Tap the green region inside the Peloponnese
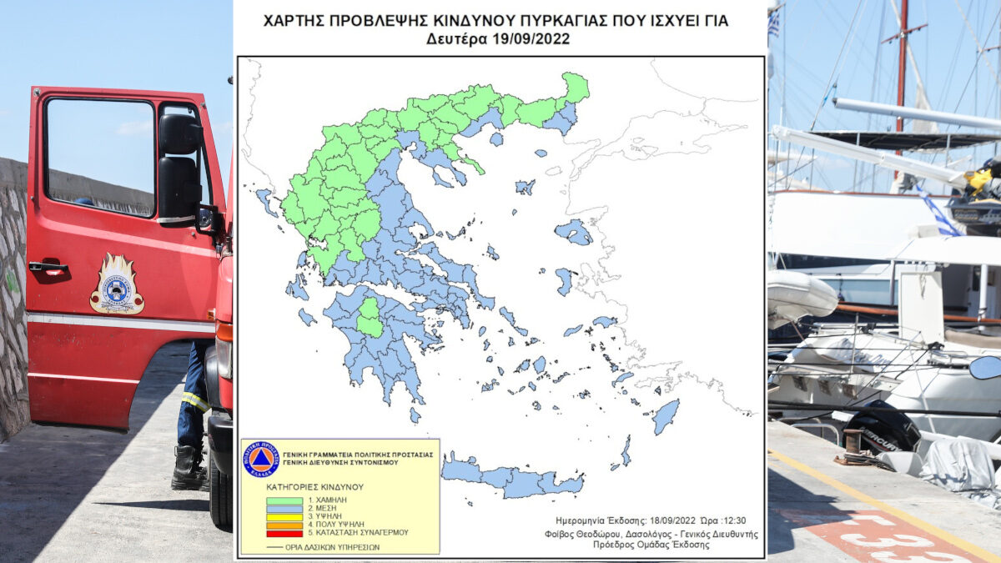pos(370,318)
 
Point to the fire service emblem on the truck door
pos(117,285)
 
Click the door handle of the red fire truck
pos(48,268)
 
